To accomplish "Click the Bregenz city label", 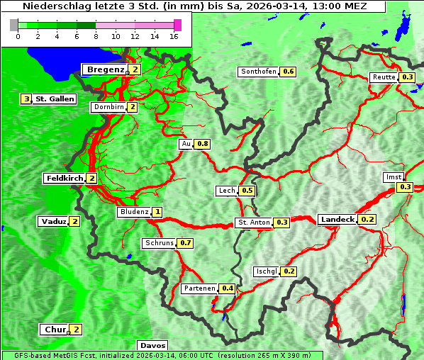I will (x=105, y=69).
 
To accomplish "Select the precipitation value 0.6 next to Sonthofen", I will (x=289, y=72).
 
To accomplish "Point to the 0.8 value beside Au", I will (x=203, y=144).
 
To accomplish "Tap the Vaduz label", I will (x=53, y=222).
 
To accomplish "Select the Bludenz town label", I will (x=134, y=212).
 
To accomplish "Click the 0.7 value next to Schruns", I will (x=186, y=243).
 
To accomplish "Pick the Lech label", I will (x=226, y=191).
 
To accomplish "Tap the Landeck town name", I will (x=337, y=220).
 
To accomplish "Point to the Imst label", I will (x=392, y=176).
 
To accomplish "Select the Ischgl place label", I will (x=266, y=271).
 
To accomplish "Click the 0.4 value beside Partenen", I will (x=228, y=288).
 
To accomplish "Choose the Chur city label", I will (x=54, y=330).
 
